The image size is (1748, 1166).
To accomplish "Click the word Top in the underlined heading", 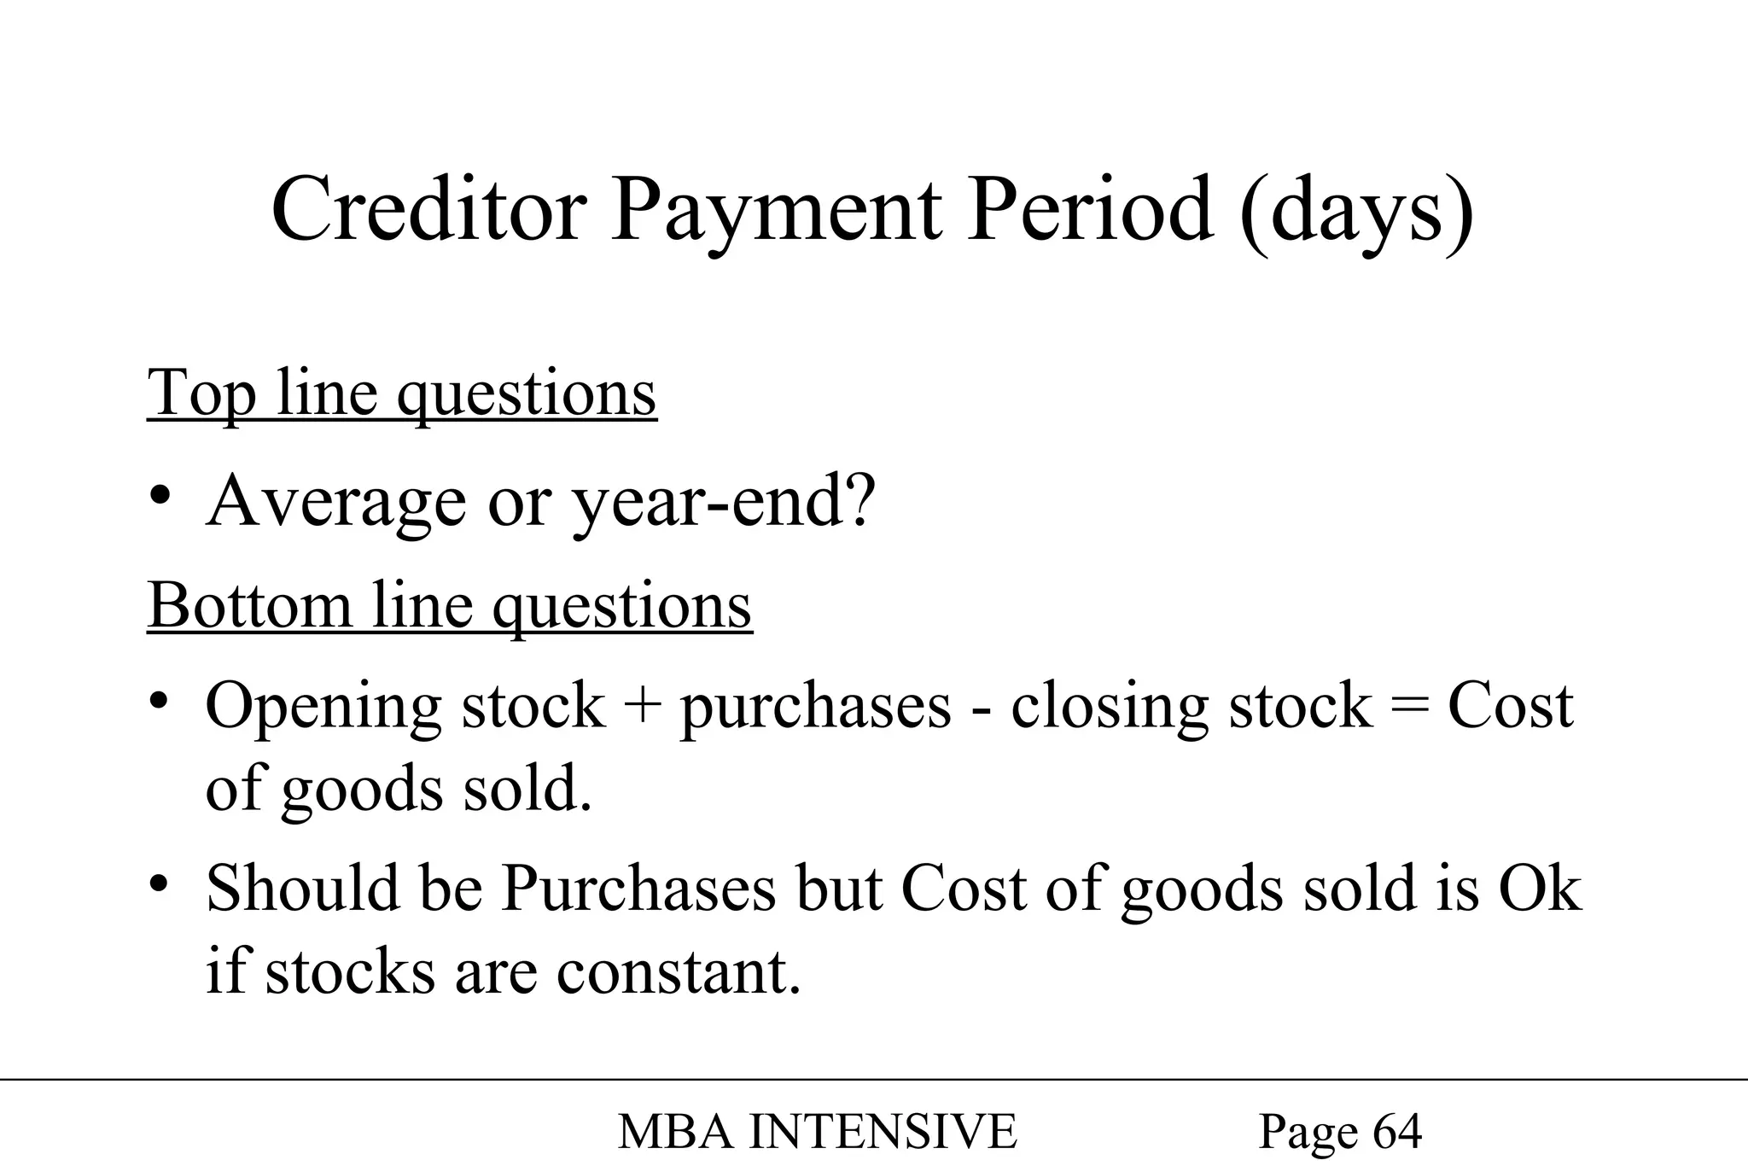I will coord(201,394).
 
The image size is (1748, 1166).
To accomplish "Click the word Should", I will coord(302,889).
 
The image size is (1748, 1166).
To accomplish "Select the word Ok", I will coord(1540,889).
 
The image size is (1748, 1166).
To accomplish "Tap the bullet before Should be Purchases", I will coord(159,884).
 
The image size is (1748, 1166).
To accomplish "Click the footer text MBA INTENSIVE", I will coord(817,1132).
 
